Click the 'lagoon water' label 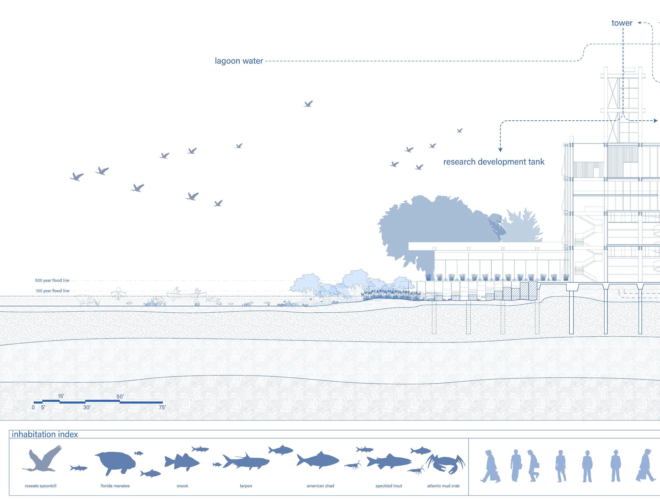(x=239, y=61)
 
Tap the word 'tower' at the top (x=622, y=23)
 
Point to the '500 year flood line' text (x=52, y=281)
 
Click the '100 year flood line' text (x=53, y=291)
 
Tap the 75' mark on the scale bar (x=162, y=407)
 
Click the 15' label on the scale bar (x=61, y=396)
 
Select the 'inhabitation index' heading (x=45, y=434)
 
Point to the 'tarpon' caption (x=246, y=486)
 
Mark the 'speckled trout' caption (x=389, y=486)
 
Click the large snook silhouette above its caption (x=182, y=463)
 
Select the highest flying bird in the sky (x=308, y=104)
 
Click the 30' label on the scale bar (x=86, y=407)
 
